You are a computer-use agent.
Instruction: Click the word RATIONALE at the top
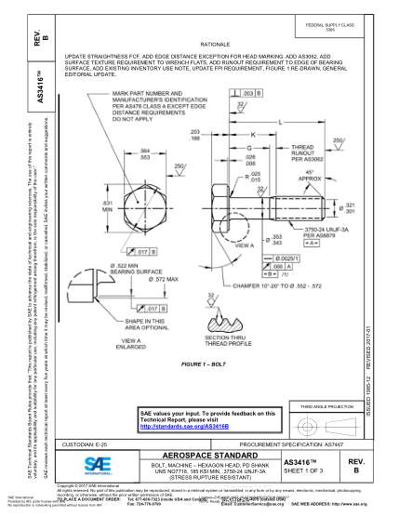[x=215, y=44]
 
